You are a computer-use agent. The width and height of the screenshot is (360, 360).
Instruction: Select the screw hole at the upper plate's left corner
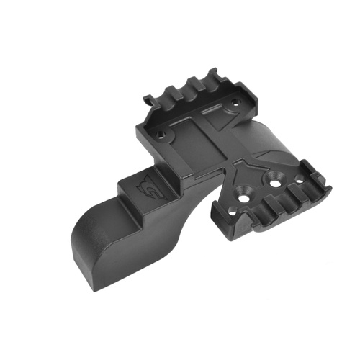tap(157, 134)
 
